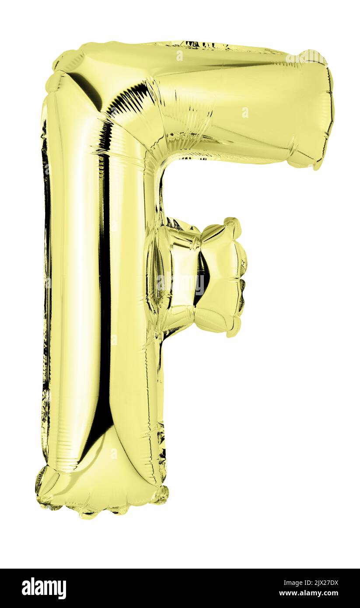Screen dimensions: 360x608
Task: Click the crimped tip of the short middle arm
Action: coord(238,277)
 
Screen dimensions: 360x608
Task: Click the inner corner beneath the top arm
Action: coord(162,166)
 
